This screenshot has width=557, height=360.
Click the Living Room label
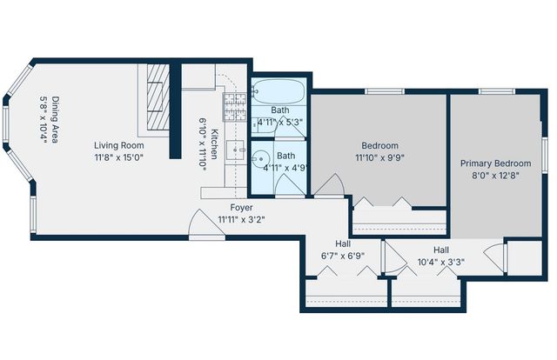pyautogui.click(x=119, y=145)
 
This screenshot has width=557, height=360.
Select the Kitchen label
pyautogui.click(x=214, y=143)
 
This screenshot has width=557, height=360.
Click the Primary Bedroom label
pyautogui.click(x=495, y=163)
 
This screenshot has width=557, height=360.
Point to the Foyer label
pyautogui.click(x=241, y=208)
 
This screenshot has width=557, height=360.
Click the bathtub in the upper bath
pyautogui.click(x=278, y=91)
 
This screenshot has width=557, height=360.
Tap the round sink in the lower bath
pyautogui.click(x=262, y=159)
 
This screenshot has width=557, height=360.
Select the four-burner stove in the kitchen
pyautogui.click(x=235, y=107)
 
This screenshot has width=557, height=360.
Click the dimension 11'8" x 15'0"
pyautogui.click(x=119, y=157)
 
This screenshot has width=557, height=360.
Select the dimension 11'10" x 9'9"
pyautogui.click(x=379, y=157)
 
